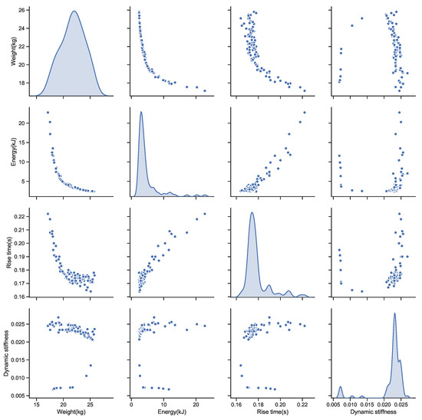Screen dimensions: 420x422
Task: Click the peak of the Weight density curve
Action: coord(74,11)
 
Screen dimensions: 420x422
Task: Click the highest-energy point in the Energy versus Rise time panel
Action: coord(305,113)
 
